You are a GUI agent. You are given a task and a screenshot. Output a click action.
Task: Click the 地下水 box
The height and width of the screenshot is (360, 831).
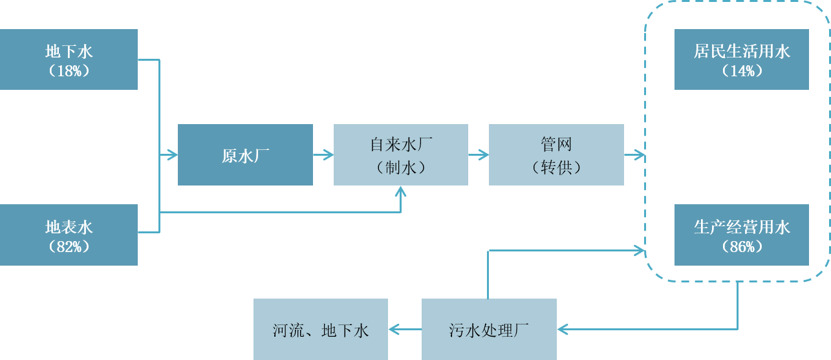tap(69, 59)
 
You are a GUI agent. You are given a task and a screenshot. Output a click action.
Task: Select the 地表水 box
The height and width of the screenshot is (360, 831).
tap(69, 235)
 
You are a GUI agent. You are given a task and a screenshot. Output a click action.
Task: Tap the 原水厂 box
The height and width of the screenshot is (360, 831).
tap(245, 155)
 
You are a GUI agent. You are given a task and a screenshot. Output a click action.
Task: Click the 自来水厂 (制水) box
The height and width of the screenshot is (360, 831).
tap(400, 155)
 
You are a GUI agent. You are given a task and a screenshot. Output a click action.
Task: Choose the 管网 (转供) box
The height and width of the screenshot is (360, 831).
tap(556, 155)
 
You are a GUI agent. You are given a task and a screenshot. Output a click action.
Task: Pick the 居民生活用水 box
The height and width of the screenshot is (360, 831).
tap(741, 59)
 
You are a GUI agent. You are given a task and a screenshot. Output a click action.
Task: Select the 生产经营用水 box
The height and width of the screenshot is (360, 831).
tap(741, 235)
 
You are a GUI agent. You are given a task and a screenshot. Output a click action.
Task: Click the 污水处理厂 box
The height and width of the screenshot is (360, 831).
tap(489, 330)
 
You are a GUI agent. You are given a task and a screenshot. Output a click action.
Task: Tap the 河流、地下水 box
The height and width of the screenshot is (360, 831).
tap(320, 330)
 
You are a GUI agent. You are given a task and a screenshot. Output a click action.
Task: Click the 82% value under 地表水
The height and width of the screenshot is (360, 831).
tap(69, 246)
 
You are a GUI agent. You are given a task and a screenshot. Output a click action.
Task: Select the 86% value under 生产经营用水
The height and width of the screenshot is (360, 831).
tap(742, 246)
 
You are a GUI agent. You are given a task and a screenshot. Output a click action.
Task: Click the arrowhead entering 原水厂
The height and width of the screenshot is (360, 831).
tap(172, 155)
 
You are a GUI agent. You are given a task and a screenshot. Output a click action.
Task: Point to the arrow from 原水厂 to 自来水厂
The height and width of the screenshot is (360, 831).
tap(323, 155)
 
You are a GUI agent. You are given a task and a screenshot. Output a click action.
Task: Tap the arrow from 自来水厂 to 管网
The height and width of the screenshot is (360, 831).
tap(479, 155)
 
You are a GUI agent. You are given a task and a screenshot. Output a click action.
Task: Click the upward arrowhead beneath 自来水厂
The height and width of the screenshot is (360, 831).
tap(401, 191)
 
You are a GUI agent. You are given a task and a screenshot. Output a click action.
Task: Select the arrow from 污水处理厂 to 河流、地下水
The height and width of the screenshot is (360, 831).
tap(405, 330)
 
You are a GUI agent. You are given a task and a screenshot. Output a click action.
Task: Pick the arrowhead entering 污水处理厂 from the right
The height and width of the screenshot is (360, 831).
tap(563, 330)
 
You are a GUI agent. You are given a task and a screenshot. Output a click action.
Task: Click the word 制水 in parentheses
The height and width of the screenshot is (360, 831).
tap(401, 167)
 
